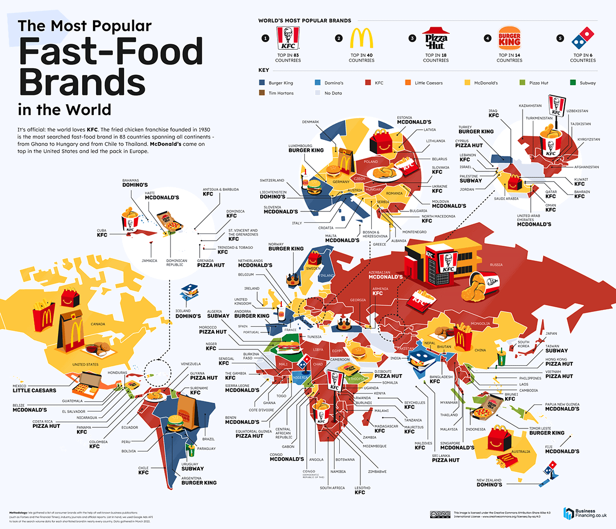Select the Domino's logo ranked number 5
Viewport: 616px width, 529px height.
(582, 38)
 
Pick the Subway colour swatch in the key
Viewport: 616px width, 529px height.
(573, 83)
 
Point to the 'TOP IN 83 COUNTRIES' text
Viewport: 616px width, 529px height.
(287, 57)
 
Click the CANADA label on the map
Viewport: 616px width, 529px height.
(98, 324)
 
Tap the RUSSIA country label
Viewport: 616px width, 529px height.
(496, 265)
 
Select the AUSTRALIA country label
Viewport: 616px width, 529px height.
(521, 452)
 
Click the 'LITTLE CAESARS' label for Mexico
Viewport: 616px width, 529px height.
(34, 390)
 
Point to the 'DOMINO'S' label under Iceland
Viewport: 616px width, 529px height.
(188, 316)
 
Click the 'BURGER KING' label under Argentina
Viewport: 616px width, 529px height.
(199, 483)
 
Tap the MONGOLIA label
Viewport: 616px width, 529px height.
(480, 324)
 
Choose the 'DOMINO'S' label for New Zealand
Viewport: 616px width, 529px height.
(489, 484)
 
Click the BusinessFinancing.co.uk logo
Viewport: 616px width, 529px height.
(585, 513)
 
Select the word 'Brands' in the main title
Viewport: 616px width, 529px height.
(82, 82)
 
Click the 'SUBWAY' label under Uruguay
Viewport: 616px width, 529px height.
(192, 468)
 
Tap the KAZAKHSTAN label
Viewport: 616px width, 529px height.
(530, 106)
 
